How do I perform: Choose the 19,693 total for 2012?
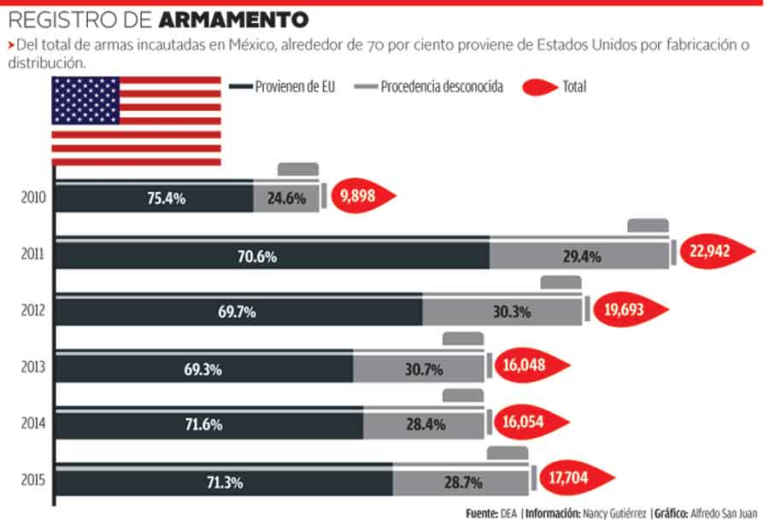(x=628, y=311)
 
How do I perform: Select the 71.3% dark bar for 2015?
(x=225, y=482)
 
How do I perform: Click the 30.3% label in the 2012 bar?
(x=512, y=312)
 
